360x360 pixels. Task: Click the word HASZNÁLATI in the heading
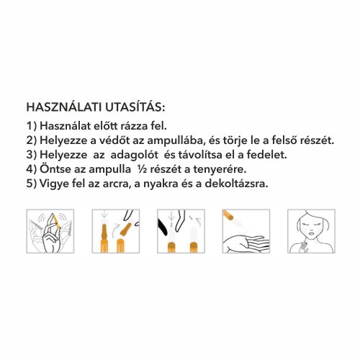point(63,107)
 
